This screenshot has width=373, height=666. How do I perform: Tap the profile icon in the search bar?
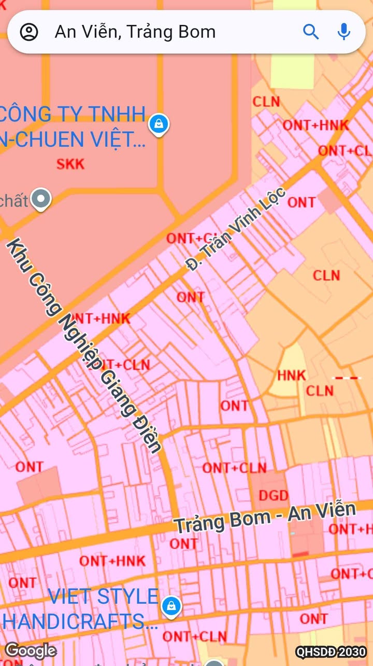click(x=29, y=32)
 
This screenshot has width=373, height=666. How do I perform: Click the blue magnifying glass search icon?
click(x=311, y=32)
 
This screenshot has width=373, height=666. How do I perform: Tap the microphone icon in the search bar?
click(x=343, y=32)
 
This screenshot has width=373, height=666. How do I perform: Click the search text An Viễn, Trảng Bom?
click(x=135, y=32)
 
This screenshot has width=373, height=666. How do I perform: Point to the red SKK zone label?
click(x=70, y=164)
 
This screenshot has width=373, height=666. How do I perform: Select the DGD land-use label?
click(x=273, y=495)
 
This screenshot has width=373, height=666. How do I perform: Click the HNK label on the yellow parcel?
click(x=291, y=375)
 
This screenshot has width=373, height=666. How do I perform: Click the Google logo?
click(x=31, y=650)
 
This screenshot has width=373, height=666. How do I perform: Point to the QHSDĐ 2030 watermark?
click(x=331, y=652)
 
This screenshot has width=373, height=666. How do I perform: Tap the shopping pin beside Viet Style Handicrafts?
click(x=171, y=605)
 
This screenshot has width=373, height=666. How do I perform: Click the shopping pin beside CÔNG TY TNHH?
click(x=159, y=124)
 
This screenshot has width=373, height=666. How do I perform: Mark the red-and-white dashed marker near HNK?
click(x=347, y=378)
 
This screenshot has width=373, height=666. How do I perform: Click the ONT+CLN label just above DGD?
click(x=234, y=468)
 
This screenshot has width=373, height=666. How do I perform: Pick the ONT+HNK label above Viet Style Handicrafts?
click(x=112, y=561)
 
